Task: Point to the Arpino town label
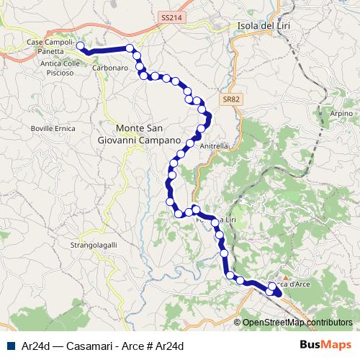(341, 114)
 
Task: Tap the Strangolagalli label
(94, 246)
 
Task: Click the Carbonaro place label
(110, 67)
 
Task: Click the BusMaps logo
(325, 345)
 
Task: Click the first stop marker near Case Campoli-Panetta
(80, 46)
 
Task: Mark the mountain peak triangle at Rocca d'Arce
(286, 276)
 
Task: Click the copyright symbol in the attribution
(238, 323)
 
